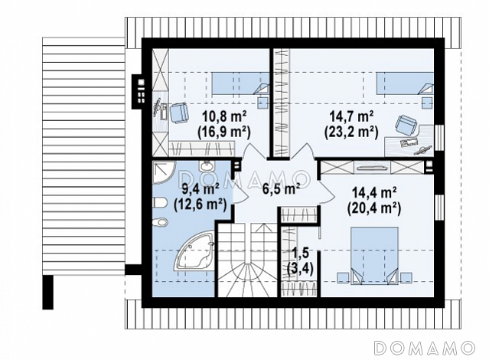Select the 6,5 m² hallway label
281,188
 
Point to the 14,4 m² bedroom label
374,192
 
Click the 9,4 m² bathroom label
200,189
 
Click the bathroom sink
206,166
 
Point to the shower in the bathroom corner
162,172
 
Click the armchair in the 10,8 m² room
179,113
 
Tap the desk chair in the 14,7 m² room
406,125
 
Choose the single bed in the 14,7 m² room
405,83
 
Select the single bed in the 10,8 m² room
241,83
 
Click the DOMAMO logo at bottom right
425,348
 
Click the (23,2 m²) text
351,133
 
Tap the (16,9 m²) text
224,133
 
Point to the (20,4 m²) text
374,208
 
